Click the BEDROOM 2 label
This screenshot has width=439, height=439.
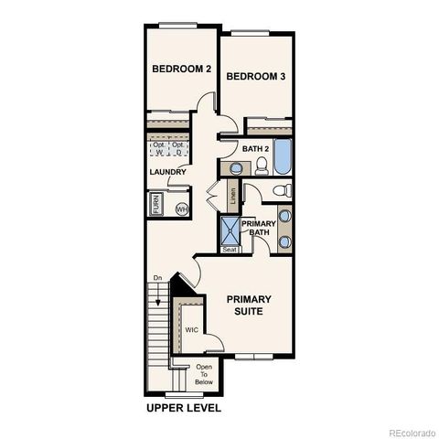tap(181, 69)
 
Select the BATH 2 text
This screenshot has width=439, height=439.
tap(256, 148)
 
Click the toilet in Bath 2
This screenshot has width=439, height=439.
tap(261, 166)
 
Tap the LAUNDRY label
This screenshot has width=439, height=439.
tap(168, 172)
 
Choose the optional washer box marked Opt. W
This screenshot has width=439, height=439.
tap(158, 149)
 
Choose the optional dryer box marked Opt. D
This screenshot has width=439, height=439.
tap(180, 149)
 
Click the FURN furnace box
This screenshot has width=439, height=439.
tap(156, 207)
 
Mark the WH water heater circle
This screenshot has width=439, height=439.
tap(181, 209)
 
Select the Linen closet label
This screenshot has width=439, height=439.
tap(233, 194)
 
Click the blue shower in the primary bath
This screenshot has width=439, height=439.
tap(230, 229)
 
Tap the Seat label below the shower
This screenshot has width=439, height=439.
tap(230, 250)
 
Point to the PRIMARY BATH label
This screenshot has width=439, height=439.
tap(259, 228)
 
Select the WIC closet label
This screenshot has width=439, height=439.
tap(192, 329)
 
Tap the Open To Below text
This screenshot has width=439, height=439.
tap(203, 374)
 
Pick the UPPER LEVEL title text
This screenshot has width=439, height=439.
tap(183, 408)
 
